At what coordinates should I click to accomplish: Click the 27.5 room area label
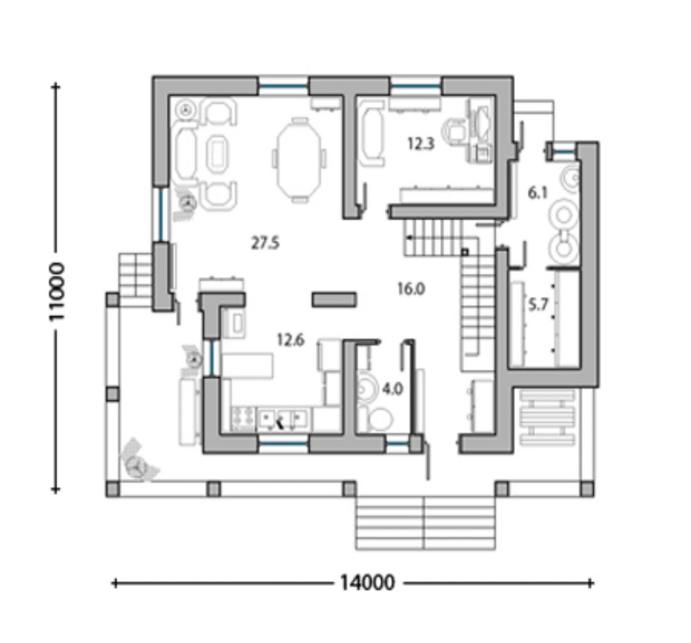[265, 242]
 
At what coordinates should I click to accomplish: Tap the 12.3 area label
[421, 144]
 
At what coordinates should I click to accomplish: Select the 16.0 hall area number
[411, 289]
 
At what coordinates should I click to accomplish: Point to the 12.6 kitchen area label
[290, 340]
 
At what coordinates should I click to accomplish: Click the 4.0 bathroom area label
[392, 389]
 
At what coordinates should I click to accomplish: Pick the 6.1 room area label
[538, 192]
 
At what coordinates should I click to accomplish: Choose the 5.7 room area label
[538, 304]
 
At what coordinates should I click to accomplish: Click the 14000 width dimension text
[367, 583]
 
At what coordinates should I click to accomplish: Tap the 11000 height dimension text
[57, 291]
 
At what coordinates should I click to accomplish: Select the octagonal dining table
[299, 160]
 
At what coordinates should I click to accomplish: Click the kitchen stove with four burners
[243, 418]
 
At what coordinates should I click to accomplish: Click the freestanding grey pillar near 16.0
[334, 300]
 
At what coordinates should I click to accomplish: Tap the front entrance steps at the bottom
[425, 523]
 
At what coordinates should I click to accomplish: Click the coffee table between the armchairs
[217, 153]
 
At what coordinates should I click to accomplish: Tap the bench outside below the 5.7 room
[547, 417]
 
